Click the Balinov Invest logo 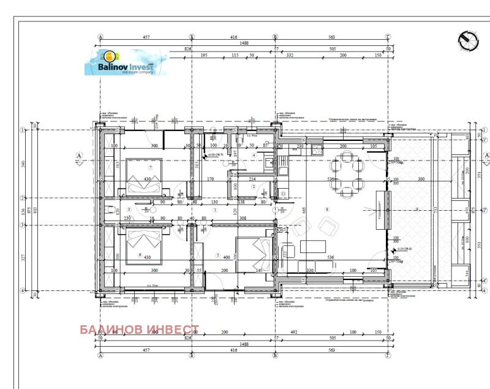tap(126, 62)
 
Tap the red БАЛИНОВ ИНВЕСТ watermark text tap(140, 330)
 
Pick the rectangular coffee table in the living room tap(312, 247)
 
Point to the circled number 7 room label tap(149, 167)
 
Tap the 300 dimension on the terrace tap(420, 179)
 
